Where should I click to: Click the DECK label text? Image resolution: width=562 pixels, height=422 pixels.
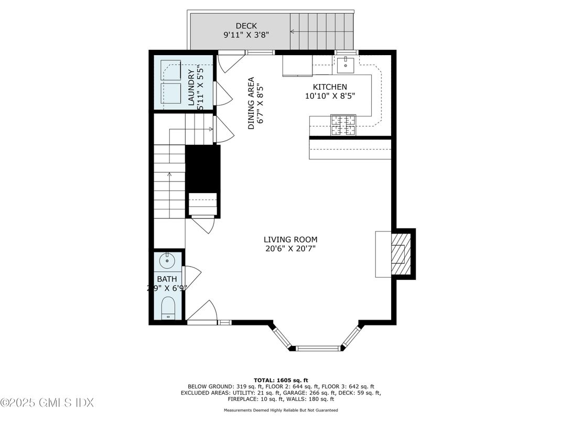246,26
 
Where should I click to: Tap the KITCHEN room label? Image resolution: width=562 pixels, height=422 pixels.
330,87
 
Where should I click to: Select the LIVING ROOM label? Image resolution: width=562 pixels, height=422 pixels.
290,239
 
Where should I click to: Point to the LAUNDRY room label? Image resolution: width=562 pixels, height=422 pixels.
191,87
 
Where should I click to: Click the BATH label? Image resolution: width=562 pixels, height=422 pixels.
167,279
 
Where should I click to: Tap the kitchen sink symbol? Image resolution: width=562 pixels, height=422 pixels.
345,65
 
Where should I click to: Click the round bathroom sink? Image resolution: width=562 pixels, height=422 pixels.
168,259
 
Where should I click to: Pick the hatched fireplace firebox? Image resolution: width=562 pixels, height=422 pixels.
399,254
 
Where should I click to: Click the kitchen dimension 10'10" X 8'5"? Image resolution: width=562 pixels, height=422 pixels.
330,96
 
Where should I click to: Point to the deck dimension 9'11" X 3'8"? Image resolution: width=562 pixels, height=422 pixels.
246,35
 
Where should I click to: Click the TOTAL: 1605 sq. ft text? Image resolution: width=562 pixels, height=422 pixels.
280,379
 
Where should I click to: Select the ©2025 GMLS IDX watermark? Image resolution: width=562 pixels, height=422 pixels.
47,403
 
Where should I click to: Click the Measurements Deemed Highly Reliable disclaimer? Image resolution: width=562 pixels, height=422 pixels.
280,410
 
